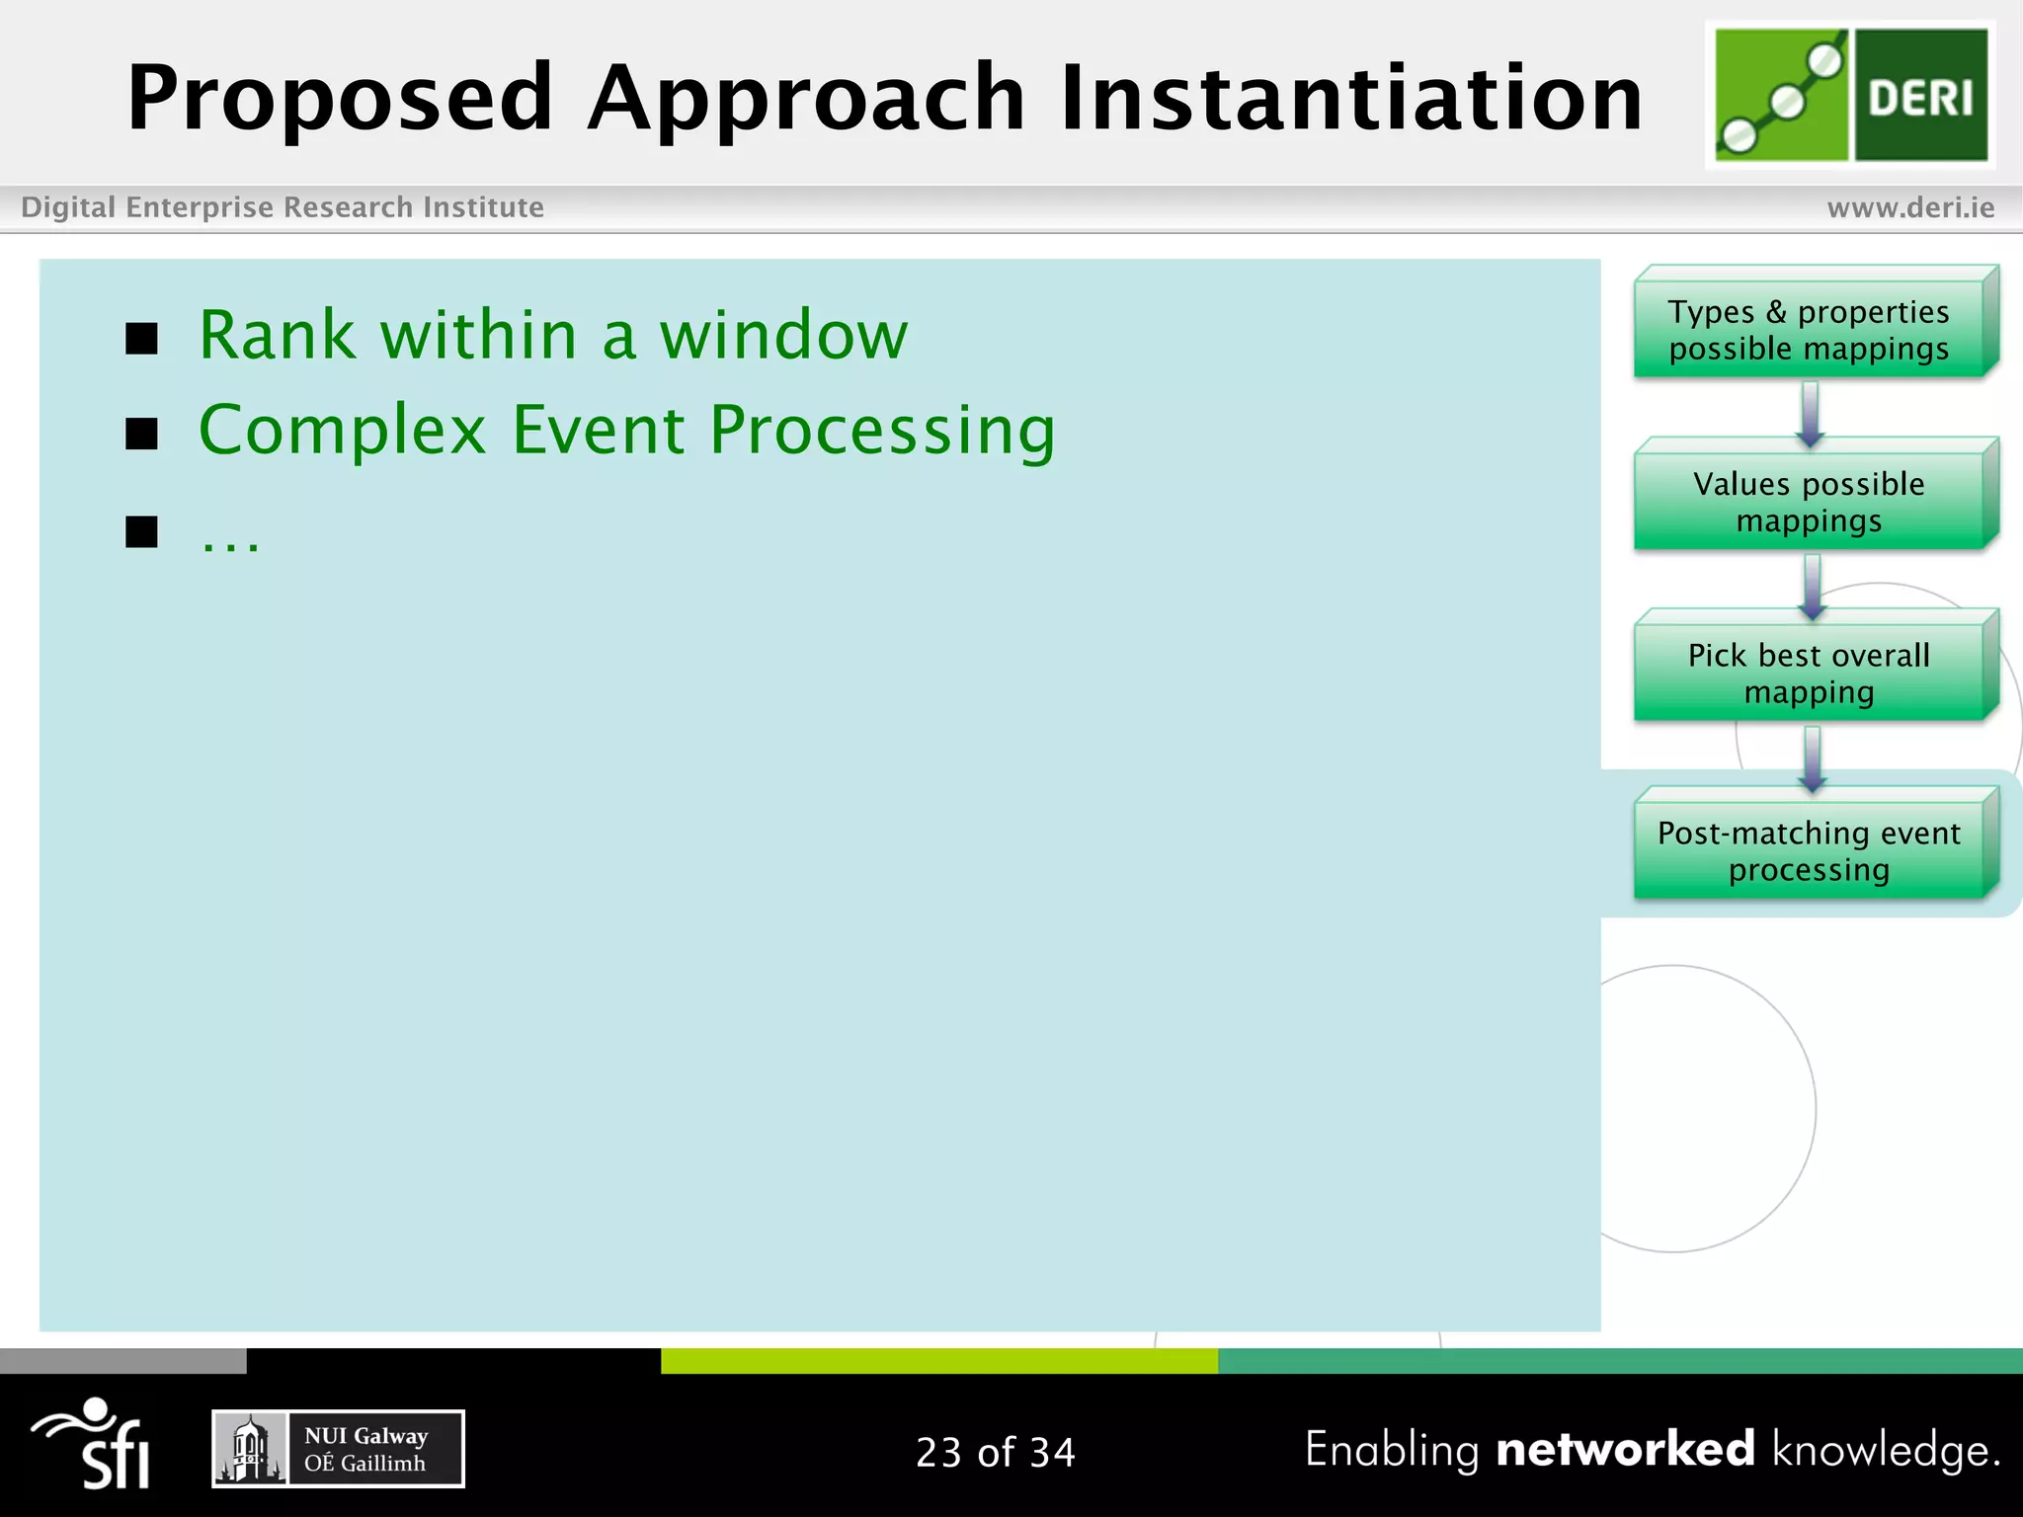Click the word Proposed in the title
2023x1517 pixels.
[339, 99]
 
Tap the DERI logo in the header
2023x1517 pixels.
[1850, 94]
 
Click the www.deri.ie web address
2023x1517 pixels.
[1910, 207]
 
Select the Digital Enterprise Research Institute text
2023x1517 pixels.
[283, 207]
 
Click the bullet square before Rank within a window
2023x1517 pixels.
[142, 339]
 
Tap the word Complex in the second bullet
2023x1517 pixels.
[343, 431]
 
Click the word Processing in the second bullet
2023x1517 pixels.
[882, 432]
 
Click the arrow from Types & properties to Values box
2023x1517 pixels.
[1810, 413]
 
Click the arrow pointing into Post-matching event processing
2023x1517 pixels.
[1812, 758]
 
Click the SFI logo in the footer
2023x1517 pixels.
[94, 1444]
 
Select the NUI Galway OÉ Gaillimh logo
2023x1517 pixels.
[338, 1449]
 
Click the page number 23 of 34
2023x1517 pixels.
[995, 1452]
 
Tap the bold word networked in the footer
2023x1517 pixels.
[1625, 1449]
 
